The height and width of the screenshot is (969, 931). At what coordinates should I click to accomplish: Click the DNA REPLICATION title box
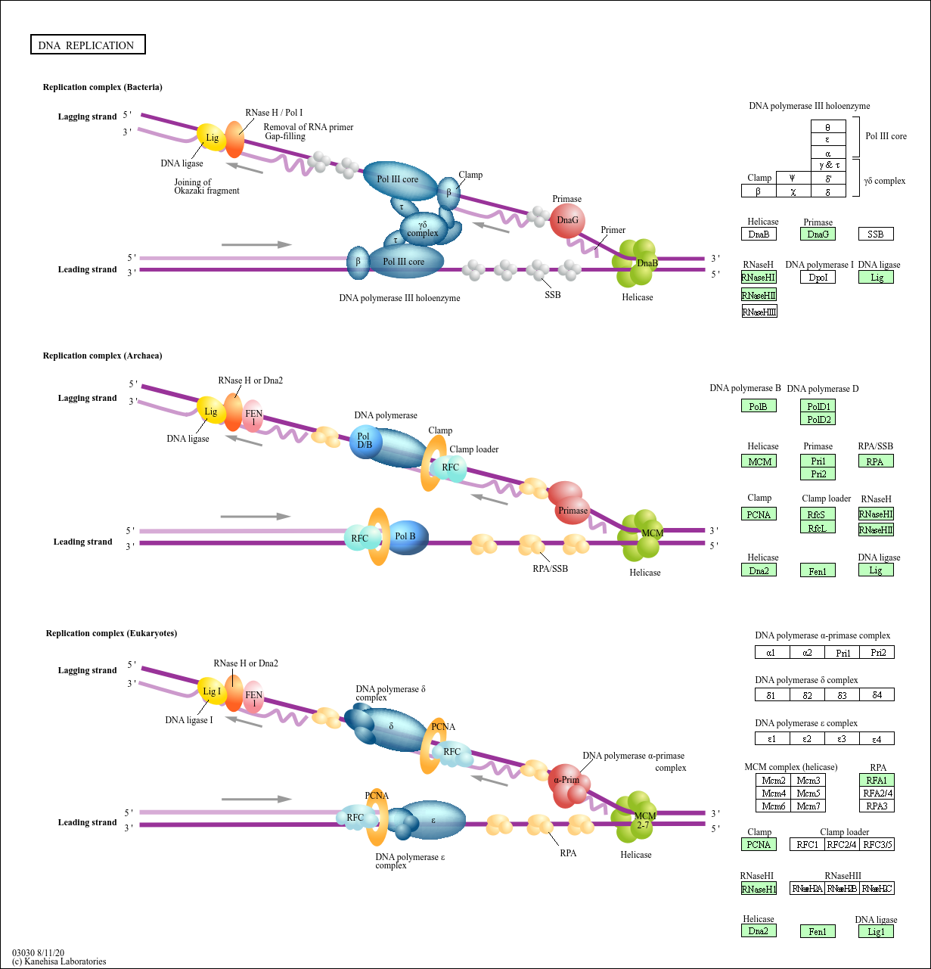click(x=87, y=45)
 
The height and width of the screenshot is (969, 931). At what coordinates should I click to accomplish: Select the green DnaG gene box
click(x=818, y=234)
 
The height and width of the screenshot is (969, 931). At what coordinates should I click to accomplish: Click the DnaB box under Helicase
click(x=759, y=234)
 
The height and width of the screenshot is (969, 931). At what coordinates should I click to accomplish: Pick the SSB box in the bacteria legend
click(x=876, y=234)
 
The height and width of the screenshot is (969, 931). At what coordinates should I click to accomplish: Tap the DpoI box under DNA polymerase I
click(x=818, y=278)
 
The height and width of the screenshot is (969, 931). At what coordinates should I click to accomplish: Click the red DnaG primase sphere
click(x=567, y=220)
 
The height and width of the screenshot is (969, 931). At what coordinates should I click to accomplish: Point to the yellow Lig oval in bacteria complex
click(x=212, y=138)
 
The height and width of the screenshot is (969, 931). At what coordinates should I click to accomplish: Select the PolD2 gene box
click(x=818, y=419)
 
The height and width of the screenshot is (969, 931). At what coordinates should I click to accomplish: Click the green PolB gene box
click(x=759, y=406)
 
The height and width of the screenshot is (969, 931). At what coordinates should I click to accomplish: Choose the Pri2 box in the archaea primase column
click(x=818, y=474)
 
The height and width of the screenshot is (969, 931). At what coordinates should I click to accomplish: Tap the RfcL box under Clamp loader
click(x=818, y=527)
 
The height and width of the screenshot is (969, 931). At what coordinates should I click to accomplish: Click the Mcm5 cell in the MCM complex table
click(x=808, y=794)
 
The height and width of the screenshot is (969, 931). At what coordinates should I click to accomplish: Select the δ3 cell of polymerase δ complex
click(x=842, y=694)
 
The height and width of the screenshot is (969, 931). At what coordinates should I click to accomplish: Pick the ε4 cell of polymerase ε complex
click(x=877, y=738)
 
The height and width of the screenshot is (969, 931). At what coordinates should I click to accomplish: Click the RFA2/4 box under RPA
click(x=877, y=794)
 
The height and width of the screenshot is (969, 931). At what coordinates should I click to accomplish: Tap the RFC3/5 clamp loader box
click(x=877, y=844)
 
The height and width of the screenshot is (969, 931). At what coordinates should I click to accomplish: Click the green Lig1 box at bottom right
click(x=876, y=931)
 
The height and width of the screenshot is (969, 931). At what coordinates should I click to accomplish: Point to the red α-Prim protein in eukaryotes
click(x=567, y=781)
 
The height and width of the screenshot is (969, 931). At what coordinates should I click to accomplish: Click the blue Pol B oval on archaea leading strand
click(x=406, y=537)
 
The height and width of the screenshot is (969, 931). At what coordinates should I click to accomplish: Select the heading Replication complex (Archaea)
click(x=102, y=356)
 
